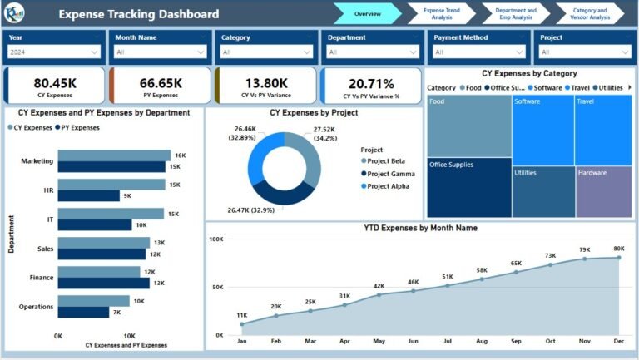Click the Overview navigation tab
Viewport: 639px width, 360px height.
point(367,14)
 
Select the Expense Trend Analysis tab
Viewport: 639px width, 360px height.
point(437,14)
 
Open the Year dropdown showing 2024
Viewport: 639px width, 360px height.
point(54,52)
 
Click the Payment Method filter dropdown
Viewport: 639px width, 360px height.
point(480,52)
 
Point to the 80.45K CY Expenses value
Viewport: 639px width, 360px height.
point(55,83)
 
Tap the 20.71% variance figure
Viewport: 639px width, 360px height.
point(371,83)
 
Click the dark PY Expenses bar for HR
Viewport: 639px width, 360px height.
point(89,196)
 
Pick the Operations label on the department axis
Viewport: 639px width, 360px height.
point(36,307)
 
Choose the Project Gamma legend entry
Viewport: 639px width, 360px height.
point(390,174)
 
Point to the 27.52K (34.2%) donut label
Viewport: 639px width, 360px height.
point(324,134)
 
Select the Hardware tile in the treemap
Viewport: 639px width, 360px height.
point(603,192)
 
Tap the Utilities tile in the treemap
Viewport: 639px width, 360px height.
point(542,192)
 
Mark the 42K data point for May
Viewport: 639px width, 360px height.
point(379,294)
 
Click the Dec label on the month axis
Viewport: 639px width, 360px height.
point(619,342)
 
